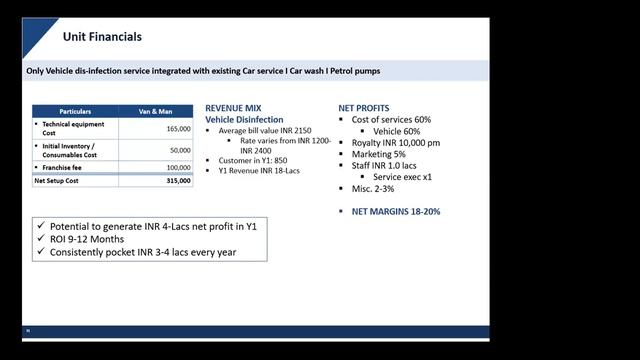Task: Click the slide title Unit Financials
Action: click(x=102, y=37)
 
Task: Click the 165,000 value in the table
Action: click(x=177, y=129)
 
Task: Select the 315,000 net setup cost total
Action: click(x=178, y=181)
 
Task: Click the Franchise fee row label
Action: click(x=66, y=167)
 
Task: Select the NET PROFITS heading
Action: click(x=364, y=108)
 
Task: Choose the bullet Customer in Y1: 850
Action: click(x=253, y=160)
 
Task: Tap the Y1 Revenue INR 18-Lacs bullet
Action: click(x=259, y=171)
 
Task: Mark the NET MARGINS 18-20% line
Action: click(x=396, y=212)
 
